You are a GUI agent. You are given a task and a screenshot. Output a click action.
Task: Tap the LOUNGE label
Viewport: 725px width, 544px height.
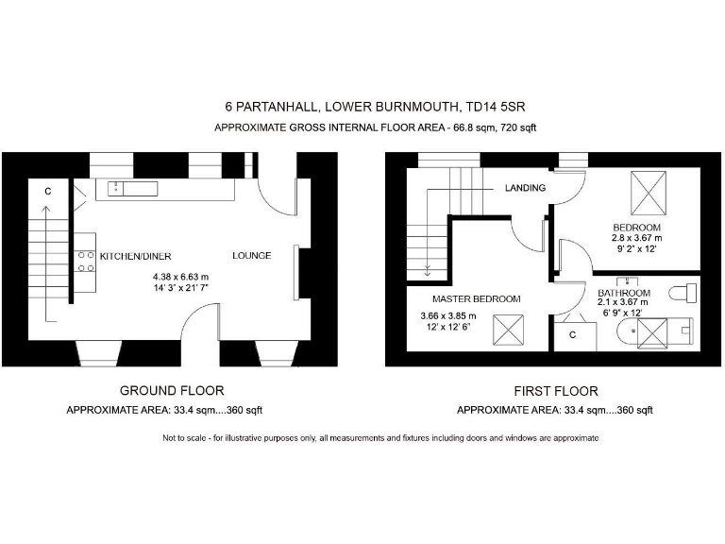[x=252, y=256]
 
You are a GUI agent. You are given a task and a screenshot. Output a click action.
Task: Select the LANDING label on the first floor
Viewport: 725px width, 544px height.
[x=525, y=188]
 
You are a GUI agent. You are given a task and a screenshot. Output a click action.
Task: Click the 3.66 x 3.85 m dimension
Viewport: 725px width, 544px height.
[x=448, y=315]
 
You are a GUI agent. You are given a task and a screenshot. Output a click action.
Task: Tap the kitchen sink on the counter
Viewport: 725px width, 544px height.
[x=132, y=187]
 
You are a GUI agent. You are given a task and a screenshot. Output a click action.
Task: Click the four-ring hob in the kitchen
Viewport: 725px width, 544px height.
[x=85, y=261]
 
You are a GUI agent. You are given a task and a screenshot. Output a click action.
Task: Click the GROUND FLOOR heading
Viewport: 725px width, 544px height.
[x=172, y=390]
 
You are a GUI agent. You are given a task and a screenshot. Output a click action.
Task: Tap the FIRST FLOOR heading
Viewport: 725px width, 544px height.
[x=556, y=391]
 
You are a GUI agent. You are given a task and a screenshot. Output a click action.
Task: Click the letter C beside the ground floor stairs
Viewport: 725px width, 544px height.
[x=47, y=191]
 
